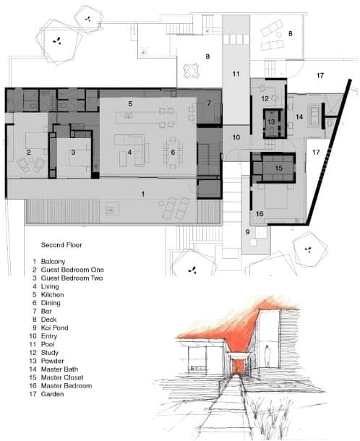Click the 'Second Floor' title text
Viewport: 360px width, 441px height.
(x=61, y=245)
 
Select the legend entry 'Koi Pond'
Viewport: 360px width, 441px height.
(x=54, y=327)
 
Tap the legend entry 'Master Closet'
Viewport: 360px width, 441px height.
(x=62, y=377)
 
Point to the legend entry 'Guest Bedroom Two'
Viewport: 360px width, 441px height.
(x=72, y=278)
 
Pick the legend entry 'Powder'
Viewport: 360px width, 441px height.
(x=52, y=361)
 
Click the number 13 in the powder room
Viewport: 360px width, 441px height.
(x=271, y=122)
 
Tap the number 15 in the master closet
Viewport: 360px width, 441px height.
(x=279, y=168)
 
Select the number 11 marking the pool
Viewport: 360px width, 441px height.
(x=236, y=74)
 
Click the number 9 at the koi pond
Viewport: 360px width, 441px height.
(x=247, y=232)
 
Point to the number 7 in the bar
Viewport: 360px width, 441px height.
(x=209, y=103)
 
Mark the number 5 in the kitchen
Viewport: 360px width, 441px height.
(x=130, y=104)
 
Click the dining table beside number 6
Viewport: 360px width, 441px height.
(x=173, y=152)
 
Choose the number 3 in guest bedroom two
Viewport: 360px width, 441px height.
(x=73, y=153)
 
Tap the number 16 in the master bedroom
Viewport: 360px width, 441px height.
(x=260, y=214)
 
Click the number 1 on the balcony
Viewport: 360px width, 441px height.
(x=143, y=194)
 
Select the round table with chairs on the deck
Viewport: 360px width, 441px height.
(x=192, y=71)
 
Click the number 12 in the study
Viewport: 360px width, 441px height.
(x=265, y=98)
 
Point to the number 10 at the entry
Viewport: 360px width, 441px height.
(x=236, y=137)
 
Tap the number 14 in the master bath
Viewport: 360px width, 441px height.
(x=299, y=116)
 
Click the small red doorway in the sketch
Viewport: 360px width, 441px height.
(x=238, y=367)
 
